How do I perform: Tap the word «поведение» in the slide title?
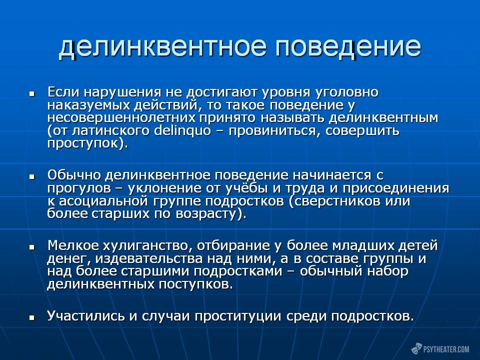[x=348, y=47]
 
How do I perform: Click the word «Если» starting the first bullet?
[x=62, y=92]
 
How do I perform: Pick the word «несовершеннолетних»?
[x=121, y=117]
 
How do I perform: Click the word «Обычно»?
[x=74, y=175]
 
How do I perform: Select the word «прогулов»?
[x=79, y=188]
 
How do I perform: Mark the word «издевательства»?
[x=149, y=259]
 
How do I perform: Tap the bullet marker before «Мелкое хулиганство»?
[x=31, y=247]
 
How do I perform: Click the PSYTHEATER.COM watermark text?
[x=446, y=349]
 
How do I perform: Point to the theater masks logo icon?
[x=416, y=348]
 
